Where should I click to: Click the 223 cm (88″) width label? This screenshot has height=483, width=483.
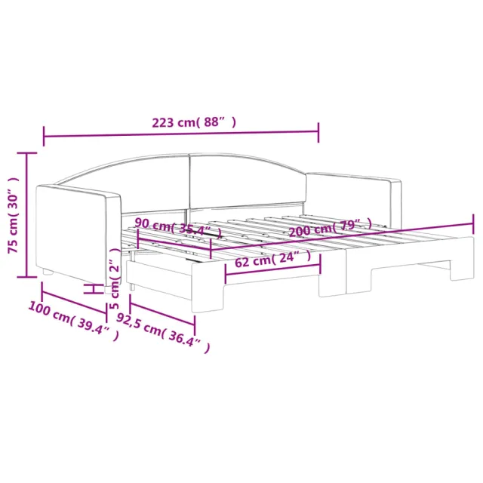194,122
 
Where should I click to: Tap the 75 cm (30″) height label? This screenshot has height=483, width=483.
14,215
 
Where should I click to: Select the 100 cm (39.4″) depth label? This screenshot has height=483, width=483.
74,321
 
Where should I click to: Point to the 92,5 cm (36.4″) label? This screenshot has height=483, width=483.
163,333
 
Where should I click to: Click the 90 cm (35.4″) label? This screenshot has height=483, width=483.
178,228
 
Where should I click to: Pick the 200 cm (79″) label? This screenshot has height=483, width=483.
331,228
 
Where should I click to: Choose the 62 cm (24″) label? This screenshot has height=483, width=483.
273,260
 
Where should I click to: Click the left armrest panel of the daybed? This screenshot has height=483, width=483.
78,234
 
